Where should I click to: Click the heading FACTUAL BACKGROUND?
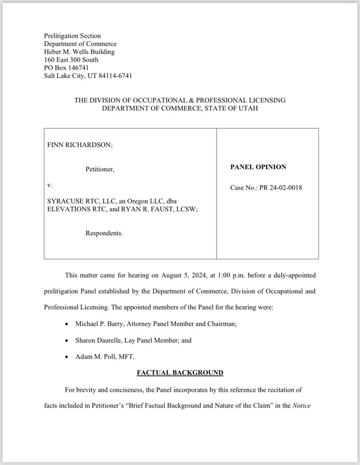coord(180,373)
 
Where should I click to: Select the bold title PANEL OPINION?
coord(258,167)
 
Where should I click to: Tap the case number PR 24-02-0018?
coord(282,187)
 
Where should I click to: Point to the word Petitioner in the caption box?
coord(100,169)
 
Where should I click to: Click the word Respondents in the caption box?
coord(104,233)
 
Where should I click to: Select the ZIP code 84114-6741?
coord(114,76)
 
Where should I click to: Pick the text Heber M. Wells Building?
coord(79,52)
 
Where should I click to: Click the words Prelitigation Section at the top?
coord(73,36)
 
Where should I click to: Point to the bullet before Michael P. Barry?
coord(67,325)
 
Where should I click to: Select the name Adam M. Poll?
coord(93,356)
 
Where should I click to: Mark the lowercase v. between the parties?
coord(49,184)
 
